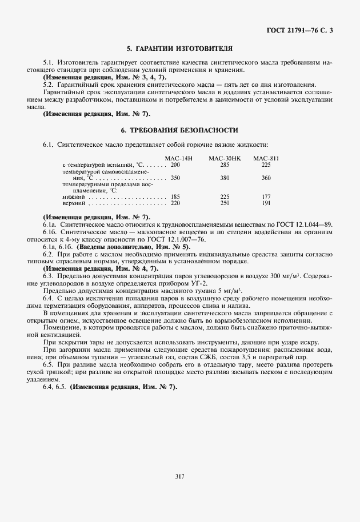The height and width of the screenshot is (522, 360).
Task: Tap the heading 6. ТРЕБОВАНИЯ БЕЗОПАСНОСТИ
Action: pos(179,131)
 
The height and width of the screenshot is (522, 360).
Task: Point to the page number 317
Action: pos(179,475)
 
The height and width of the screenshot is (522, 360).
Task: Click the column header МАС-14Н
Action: pos(179,158)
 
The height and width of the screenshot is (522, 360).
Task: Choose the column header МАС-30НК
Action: pos(225,158)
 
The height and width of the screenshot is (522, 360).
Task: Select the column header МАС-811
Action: pos(266,158)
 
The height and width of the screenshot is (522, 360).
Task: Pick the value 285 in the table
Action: pos(225,164)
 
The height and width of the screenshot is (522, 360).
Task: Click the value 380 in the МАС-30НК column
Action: pos(225,178)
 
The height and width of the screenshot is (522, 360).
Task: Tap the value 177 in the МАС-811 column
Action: pos(266,196)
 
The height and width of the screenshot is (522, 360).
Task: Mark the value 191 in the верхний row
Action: pos(266,203)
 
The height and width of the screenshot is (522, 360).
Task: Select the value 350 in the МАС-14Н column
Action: pos(175,178)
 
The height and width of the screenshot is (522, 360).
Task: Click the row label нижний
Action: pos(72,196)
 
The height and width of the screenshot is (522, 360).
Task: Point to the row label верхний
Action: pos(73,203)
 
